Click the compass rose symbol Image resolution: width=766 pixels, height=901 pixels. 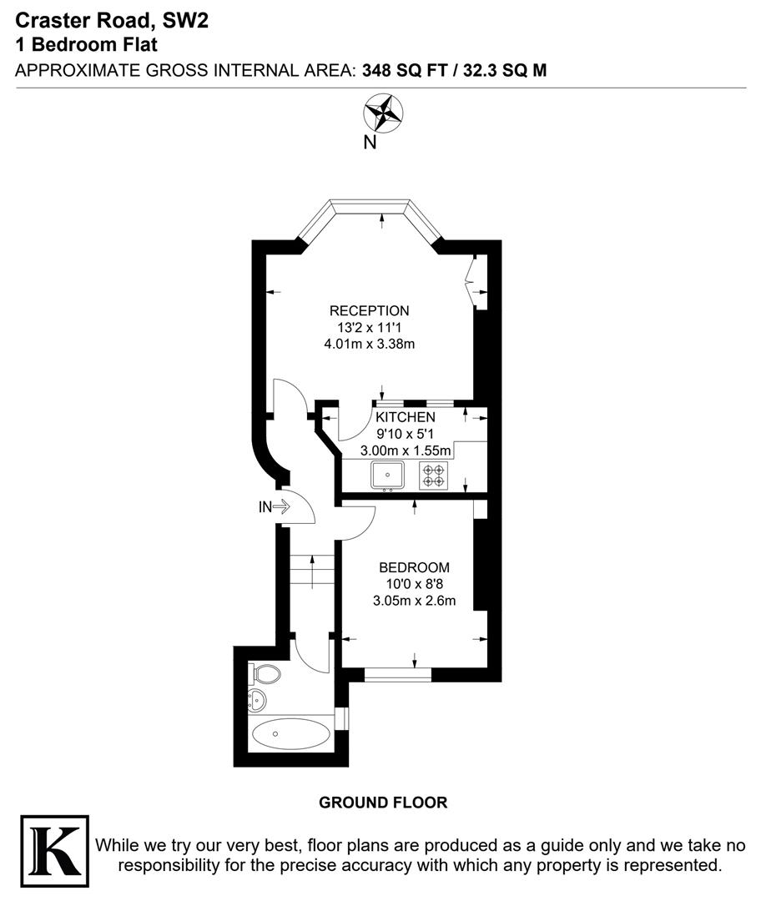tap(383, 113)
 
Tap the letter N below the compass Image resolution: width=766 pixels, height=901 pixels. tap(370, 143)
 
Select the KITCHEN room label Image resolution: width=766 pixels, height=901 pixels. tap(405, 417)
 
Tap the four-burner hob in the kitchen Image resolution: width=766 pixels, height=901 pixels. tap(434, 476)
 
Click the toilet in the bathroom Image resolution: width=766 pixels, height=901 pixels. tap(266, 673)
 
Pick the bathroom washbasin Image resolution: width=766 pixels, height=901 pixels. tap(258, 699)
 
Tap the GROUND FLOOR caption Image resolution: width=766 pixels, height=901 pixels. tap(383, 803)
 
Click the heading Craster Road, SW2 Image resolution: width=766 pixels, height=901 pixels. tap(111, 21)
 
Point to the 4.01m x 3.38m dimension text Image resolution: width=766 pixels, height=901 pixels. tap(369, 344)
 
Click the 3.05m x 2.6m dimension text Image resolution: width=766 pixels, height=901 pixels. tap(414, 599)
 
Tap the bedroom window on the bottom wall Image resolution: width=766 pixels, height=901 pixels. tap(398, 674)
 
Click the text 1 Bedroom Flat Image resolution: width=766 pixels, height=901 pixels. tap(86, 45)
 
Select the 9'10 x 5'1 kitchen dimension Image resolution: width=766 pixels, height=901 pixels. tap(405, 434)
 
